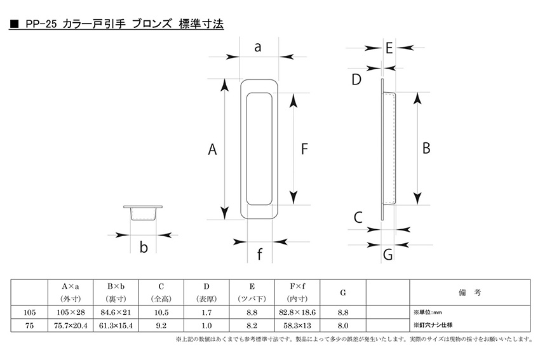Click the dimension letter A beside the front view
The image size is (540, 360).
click(213, 150)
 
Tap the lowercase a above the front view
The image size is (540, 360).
click(258, 47)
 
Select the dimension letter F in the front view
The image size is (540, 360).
click(304, 150)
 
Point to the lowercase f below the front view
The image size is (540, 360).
click(259, 255)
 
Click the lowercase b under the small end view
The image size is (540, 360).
click(144, 248)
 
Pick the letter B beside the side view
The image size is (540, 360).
click(426, 148)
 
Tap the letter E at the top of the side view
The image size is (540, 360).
click(388, 48)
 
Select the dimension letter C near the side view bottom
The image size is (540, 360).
click(358, 218)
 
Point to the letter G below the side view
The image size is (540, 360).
click(388, 255)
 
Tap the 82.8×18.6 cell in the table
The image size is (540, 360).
click(297, 312)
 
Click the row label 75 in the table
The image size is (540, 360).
click(29, 324)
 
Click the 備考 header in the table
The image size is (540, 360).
click(469, 292)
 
